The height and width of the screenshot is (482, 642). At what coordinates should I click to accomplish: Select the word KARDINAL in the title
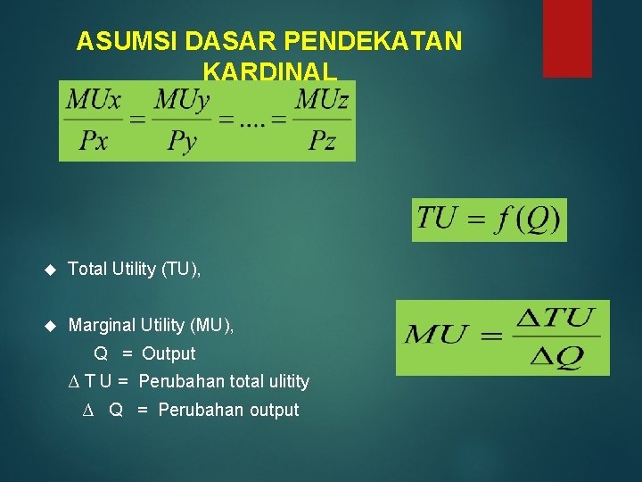(x=269, y=71)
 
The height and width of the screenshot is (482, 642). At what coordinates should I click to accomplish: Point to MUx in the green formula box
(x=93, y=100)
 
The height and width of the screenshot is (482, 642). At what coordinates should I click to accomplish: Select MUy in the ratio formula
(x=182, y=100)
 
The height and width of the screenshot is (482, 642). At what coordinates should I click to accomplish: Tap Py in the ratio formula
(x=182, y=141)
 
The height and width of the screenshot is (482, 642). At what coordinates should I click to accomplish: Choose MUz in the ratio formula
(x=321, y=100)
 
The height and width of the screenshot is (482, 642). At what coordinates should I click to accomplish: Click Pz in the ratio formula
(x=321, y=140)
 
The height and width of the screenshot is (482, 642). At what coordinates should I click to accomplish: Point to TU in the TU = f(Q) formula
(x=437, y=218)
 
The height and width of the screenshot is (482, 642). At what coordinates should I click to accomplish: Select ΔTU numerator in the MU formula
(x=556, y=318)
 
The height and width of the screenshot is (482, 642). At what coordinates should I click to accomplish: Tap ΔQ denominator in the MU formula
(x=556, y=357)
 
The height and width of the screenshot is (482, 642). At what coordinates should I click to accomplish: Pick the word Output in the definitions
(x=169, y=353)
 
